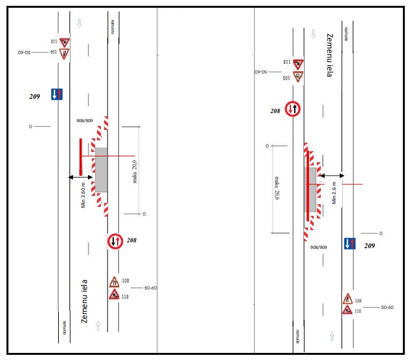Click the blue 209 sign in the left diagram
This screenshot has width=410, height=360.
pyautogui.click(x=57, y=95)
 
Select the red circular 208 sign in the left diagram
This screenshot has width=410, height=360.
pyautogui.click(x=114, y=241)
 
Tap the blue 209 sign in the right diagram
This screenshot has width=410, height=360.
pyautogui.click(x=349, y=244)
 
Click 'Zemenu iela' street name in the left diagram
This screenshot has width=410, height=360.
pyautogui.click(x=84, y=301)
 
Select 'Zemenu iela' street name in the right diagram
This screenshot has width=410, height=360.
pyautogui.click(x=329, y=56)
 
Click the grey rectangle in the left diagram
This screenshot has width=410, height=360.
pyautogui.click(x=102, y=169)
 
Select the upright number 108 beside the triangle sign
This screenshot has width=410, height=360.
pyautogui.click(x=125, y=281)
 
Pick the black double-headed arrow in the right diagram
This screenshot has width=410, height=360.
pyautogui.click(x=332, y=175)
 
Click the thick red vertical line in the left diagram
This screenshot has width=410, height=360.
pyautogui.click(x=80, y=156)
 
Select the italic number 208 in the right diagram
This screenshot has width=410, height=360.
pyautogui.click(x=275, y=111)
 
